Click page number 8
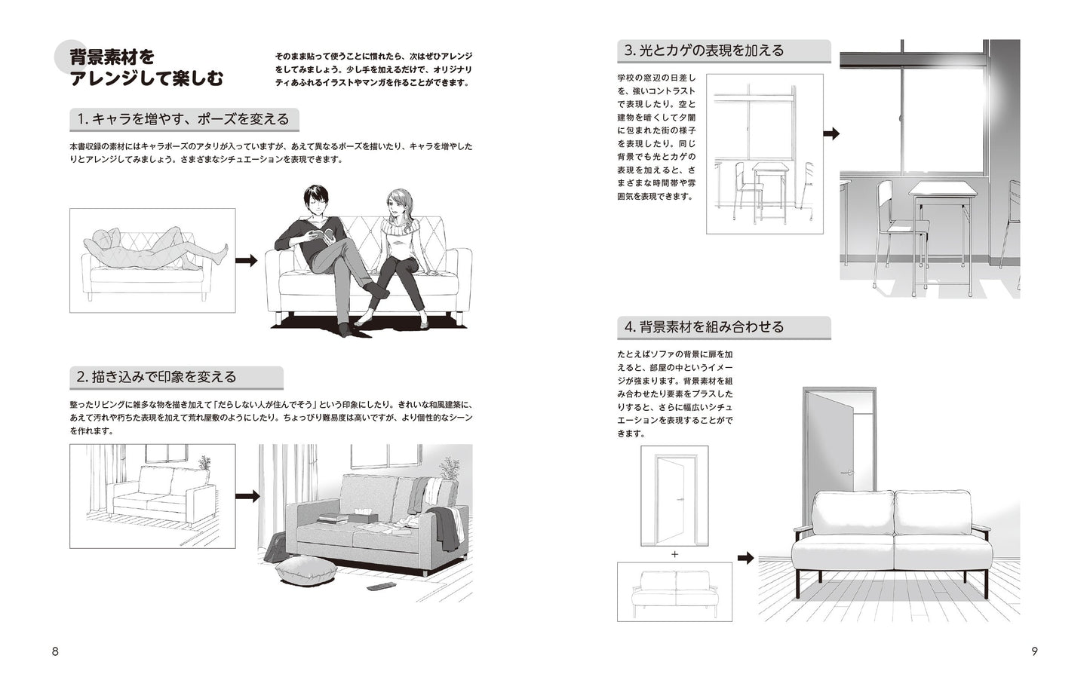point(55,651)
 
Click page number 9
point(1034,651)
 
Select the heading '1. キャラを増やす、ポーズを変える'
point(183,119)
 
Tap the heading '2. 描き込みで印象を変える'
point(156,376)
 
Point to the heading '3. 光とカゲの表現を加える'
point(704,51)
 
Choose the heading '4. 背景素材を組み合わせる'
point(704,327)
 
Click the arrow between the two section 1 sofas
point(246,261)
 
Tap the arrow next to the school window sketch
point(831,133)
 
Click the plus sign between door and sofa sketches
point(674,554)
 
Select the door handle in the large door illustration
point(847,472)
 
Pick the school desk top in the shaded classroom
point(942,188)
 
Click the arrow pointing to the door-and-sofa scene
point(745,558)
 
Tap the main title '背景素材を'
point(112,57)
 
